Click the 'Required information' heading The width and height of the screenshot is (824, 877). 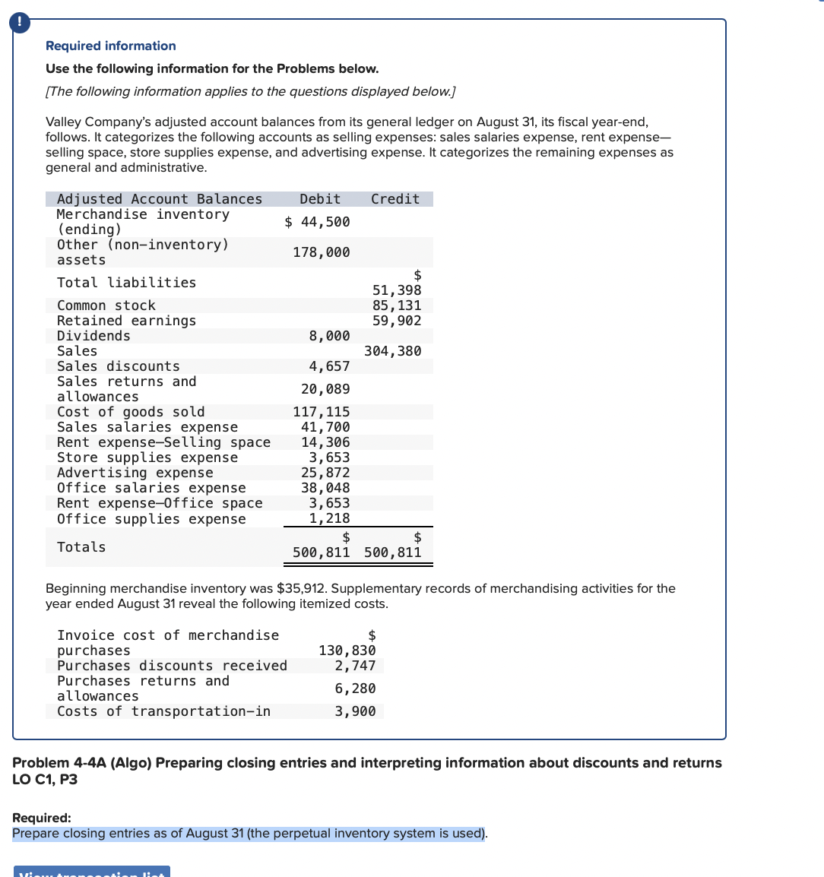point(111,46)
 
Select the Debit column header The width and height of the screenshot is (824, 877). point(320,199)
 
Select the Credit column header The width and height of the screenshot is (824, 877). point(395,199)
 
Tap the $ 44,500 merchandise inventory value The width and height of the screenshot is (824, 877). point(317,222)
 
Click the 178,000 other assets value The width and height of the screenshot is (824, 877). point(322,252)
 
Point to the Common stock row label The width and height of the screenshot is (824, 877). point(106,306)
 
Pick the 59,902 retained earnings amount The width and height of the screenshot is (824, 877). point(397,321)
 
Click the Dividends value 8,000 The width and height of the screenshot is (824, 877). point(329,336)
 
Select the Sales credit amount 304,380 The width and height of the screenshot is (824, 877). point(392,351)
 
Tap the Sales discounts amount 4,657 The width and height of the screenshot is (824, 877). point(329,366)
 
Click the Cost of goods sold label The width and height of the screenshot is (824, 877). point(131,412)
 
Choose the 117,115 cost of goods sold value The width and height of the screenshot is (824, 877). point(322,412)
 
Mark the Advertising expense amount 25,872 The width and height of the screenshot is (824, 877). point(325,473)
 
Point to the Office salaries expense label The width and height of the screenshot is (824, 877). point(151,488)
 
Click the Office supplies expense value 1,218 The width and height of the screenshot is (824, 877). point(329,518)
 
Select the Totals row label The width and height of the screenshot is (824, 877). point(81,547)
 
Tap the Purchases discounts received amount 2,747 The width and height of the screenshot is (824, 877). point(355,666)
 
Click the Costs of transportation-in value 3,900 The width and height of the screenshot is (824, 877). point(355,711)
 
